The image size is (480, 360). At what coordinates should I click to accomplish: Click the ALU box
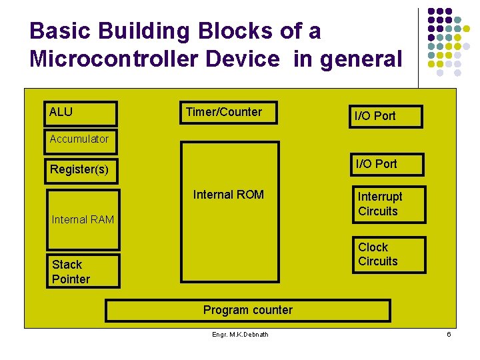click(81, 113)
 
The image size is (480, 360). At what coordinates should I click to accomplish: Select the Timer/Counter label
click(223, 112)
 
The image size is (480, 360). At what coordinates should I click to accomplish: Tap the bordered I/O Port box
click(387, 116)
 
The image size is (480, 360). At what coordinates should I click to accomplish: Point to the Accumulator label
click(79, 139)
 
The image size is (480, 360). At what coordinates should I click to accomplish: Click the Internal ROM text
click(228, 195)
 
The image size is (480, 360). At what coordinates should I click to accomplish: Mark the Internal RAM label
click(83, 219)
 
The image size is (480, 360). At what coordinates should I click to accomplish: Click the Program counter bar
click(247, 310)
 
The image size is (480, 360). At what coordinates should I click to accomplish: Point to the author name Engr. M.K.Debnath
click(240, 334)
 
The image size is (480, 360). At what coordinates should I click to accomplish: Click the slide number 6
click(449, 334)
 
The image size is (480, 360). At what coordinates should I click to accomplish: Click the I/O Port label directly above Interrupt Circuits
click(376, 163)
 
